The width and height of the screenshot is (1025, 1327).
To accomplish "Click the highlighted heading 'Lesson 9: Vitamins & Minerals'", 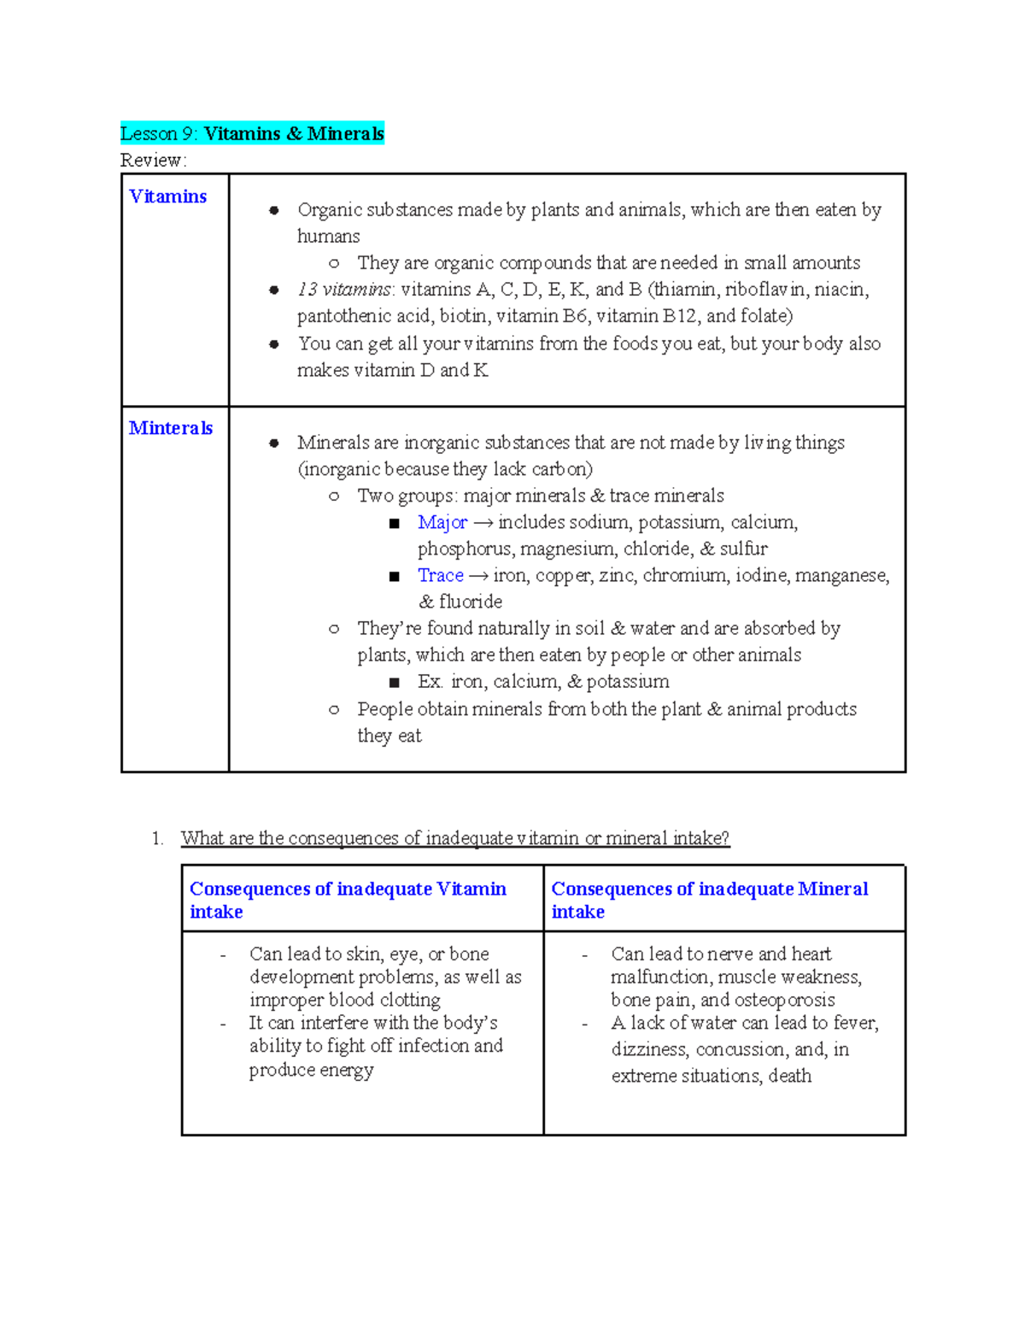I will point(252,133).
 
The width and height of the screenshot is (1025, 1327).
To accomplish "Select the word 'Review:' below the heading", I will point(153,160).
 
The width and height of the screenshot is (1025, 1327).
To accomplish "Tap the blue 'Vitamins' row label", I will point(167,197).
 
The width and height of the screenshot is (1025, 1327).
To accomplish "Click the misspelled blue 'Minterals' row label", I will point(171,428).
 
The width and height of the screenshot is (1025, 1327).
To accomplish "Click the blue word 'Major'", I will point(442,522).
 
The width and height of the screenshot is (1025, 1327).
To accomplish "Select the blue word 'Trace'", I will point(440,575).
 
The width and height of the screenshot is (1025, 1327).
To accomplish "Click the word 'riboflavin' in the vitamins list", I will point(764,290).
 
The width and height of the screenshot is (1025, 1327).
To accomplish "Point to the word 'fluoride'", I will point(471,602).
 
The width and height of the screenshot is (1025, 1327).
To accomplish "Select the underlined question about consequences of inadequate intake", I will point(455,838).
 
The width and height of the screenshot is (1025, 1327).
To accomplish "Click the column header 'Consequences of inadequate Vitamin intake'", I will point(348,900).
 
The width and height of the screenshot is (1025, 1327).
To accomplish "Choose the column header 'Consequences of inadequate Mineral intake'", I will point(709,900).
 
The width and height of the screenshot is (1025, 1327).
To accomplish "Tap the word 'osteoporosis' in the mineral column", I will point(784,1000).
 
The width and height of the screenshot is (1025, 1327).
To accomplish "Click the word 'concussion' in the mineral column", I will point(741,1049).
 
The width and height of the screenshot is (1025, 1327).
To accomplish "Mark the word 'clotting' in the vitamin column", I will point(410,1000).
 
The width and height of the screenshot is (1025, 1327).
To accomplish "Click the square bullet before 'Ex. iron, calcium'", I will point(394,682).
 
